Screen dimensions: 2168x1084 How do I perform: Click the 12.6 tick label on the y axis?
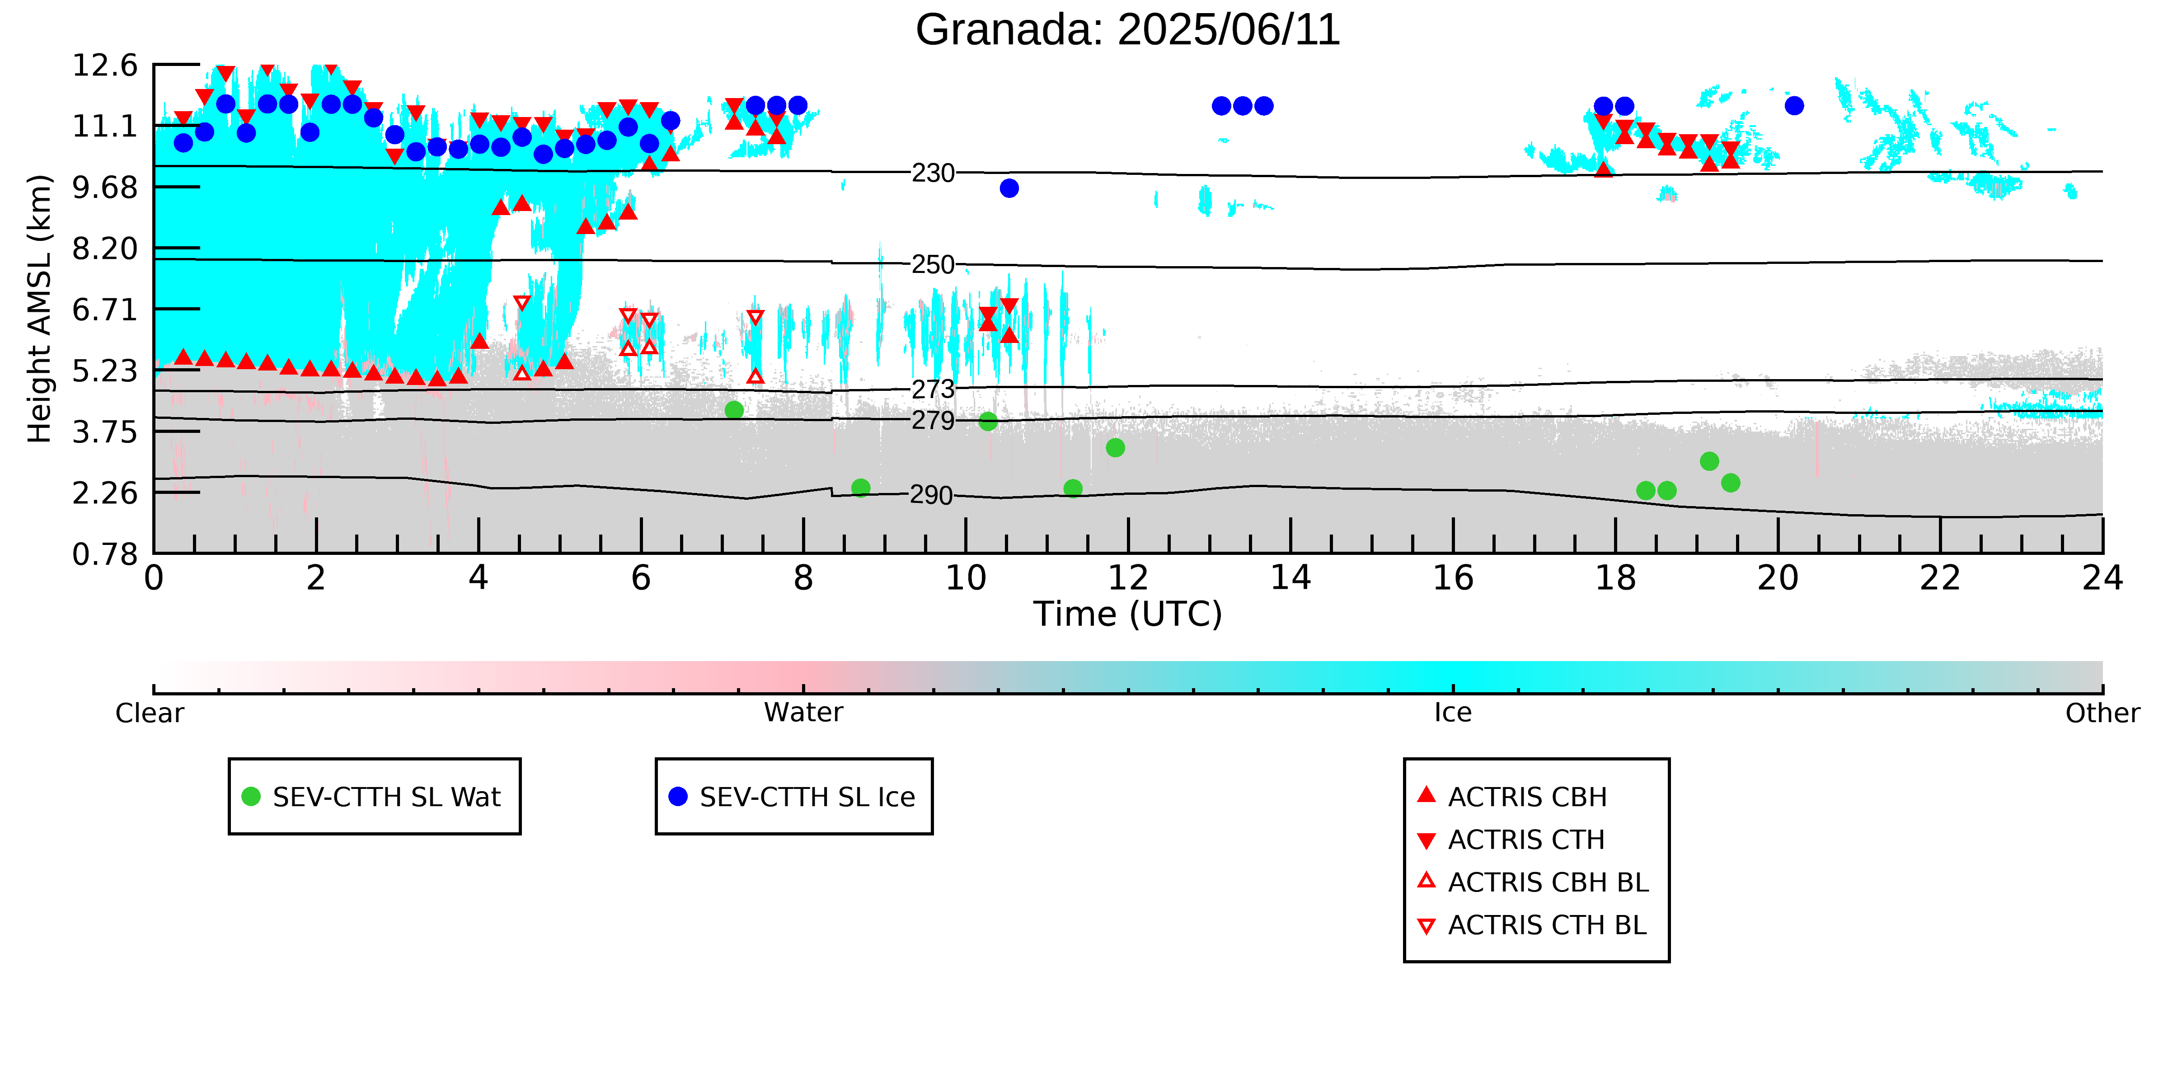point(104,65)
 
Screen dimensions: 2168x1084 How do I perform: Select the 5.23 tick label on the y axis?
point(104,371)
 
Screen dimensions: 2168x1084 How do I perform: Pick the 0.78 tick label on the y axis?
point(104,554)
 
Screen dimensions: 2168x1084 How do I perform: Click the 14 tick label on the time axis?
point(1290,578)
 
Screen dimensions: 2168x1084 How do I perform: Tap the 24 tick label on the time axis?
point(2102,578)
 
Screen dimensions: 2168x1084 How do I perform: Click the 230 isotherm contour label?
point(934,174)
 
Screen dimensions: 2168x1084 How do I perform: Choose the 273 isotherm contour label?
point(934,389)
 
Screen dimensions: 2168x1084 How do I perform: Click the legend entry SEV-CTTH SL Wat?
point(375,796)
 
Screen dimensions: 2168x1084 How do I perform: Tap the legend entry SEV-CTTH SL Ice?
point(793,796)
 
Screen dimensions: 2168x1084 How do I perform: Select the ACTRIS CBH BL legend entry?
point(1534,882)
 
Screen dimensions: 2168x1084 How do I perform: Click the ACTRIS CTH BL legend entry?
point(1534,925)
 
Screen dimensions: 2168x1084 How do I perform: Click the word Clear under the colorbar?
point(150,713)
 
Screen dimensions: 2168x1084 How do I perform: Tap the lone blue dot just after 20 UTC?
point(1794,105)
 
